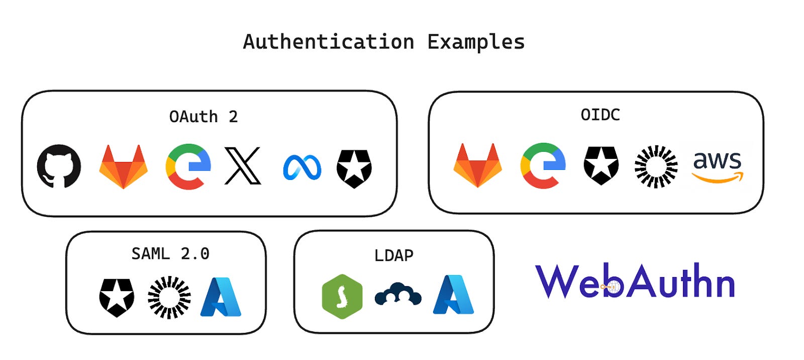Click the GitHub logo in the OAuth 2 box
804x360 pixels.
[59, 166]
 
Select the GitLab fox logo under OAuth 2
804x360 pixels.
[123, 166]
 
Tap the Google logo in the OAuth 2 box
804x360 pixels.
[188, 166]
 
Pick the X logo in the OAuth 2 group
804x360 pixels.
[243, 166]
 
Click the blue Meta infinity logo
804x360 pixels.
[302, 167]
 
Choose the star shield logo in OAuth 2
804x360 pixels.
[354, 168]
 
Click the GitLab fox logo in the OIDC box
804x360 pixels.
[477, 165]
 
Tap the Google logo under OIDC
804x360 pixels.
[543, 165]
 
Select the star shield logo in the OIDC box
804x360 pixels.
[601, 165]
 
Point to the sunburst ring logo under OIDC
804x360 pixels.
[656, 166]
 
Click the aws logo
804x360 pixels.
[717, 166]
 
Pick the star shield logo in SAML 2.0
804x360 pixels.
[117, 297]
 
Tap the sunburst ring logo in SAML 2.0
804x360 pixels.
[169, 297]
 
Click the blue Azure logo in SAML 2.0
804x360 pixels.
[221, 297]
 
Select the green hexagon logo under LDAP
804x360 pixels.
[342, 297]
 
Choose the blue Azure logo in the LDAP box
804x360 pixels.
[453, 295]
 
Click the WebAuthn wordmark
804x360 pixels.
[635, 281]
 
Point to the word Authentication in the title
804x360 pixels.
[329, 42]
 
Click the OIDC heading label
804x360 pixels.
[600, 115]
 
